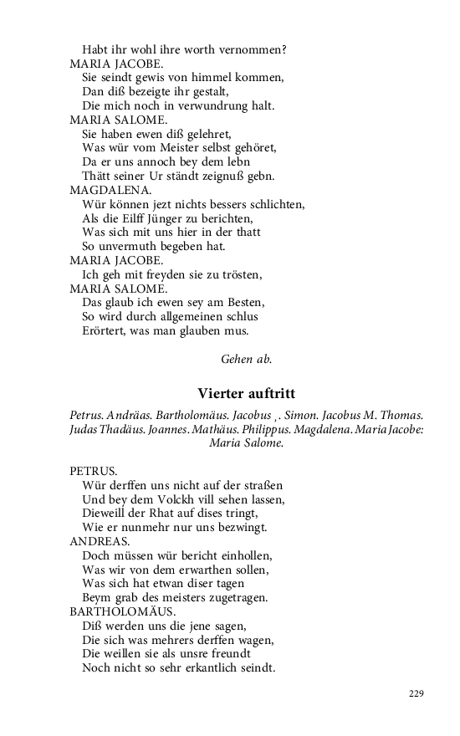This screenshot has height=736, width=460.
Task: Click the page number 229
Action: click(x=417, y=693)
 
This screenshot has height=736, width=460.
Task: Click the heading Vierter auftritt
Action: click(x=247, y=394)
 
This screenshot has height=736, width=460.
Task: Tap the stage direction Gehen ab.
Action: click(x=246, y=359)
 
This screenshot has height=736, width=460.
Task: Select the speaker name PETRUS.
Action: click(x=94, y=471)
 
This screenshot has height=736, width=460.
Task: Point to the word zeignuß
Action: click(x=238, y=176)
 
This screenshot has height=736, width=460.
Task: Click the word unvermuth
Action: click(x=125, y=247)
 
